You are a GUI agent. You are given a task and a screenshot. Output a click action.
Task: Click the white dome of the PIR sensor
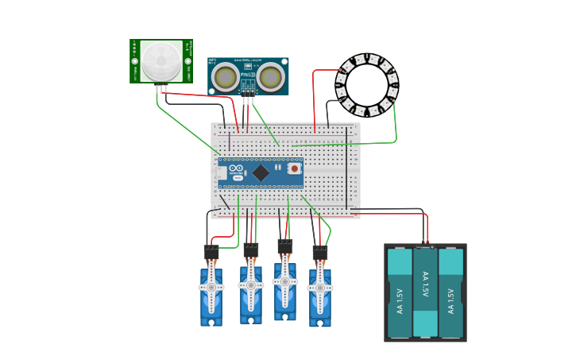(161, 60)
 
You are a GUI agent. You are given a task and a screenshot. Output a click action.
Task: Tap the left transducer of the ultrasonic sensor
(226, 77)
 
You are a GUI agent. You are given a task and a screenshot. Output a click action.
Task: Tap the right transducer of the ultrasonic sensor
(270, 77)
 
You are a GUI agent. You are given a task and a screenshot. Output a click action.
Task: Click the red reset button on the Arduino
(294, 168)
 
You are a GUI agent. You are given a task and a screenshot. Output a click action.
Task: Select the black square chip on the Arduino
(261, 172)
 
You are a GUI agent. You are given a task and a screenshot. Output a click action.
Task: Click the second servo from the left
(251, 290)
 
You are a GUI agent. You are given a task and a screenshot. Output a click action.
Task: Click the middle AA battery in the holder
(425, 292)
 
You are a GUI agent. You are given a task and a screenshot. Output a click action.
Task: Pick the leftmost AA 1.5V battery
(400, 292)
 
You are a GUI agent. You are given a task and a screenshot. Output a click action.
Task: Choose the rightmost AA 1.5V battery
(450, 292)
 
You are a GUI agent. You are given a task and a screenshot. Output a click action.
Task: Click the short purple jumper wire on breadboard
(230, 141)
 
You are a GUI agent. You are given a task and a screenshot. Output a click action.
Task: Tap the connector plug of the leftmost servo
(211, 252)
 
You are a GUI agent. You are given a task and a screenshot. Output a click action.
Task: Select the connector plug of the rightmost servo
(320, 252)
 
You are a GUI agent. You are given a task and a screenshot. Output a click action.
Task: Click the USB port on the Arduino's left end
(221, 172)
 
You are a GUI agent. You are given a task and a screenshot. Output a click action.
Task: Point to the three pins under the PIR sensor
(162, 87)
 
